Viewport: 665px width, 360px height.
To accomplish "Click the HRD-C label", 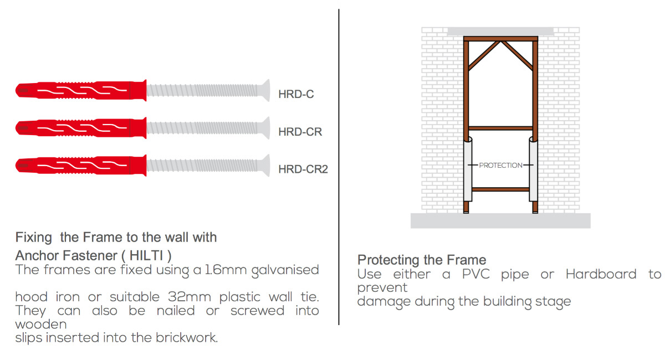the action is point(296,94).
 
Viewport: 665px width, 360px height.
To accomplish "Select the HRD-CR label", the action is point(300,132).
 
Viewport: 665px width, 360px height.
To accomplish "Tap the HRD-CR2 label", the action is point(303,169).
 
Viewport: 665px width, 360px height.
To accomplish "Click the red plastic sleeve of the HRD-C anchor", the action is point(81,90).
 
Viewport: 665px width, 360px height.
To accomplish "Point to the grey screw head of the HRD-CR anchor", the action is point(265,128).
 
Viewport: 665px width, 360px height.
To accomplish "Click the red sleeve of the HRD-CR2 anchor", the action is point(81,165).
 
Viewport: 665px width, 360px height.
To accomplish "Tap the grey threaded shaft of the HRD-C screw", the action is point(203,90).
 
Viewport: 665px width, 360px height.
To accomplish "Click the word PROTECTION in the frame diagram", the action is point(500,165).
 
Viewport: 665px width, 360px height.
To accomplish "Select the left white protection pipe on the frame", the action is point(468,169).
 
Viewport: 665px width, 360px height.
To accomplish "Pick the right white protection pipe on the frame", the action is point(533,169).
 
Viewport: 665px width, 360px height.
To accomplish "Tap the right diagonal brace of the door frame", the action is point(517,55).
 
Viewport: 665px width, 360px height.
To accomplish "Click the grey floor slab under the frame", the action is point(500,221).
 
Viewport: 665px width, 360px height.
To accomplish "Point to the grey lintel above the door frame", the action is point(500,32).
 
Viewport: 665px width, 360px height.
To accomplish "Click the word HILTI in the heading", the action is point(146,255).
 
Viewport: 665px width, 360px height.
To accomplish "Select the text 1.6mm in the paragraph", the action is point(226,270).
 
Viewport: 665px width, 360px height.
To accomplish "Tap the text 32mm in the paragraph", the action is point(190,297).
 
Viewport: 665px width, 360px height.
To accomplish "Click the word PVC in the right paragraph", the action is point(475,274).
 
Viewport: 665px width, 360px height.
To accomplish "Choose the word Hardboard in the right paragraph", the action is point(601,274).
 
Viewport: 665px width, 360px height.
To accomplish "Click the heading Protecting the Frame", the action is point(422,260).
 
